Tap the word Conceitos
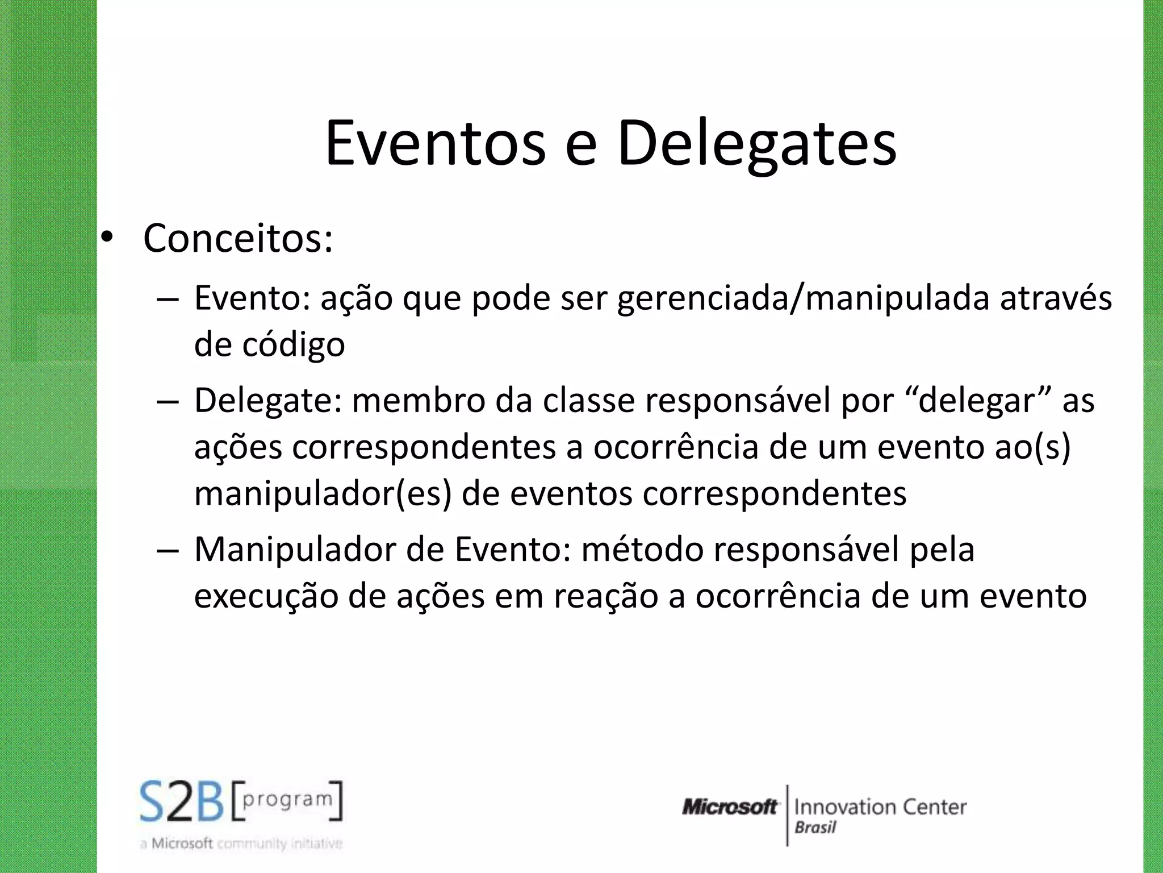pos(238,238)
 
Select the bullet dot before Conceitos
pos(107,238)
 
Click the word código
pos(294,346)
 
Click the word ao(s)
pos(1032,447)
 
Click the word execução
pos(266,596)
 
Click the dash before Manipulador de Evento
pos(168,551)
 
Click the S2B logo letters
pos(182,803)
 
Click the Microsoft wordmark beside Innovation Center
pos(730,807)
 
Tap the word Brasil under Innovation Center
pos(815,827)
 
